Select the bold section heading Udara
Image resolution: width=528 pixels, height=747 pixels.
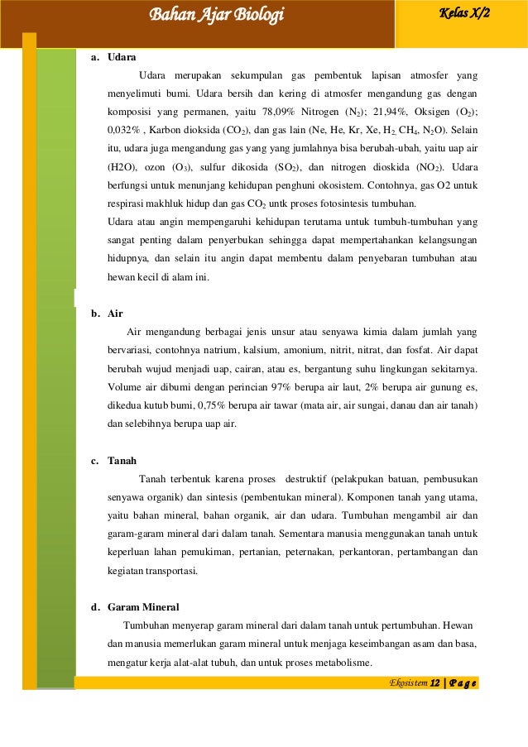pos(122,57)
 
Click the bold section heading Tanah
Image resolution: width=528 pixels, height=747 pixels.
pos(122,460)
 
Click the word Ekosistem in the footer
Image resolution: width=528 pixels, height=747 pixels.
pos(409,683)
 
